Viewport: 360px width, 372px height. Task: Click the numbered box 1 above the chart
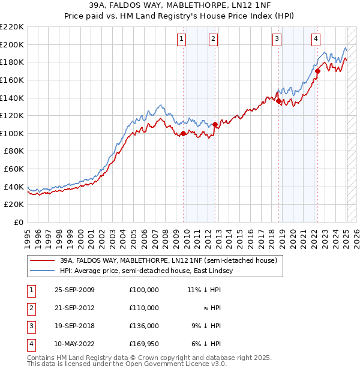pos(181,40)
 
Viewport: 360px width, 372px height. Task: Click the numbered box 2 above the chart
pos(213,40)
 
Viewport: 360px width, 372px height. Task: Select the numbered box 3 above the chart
pos(277,40)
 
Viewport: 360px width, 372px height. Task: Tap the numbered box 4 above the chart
pos(316,40)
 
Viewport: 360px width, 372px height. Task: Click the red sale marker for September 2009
pos(183,134)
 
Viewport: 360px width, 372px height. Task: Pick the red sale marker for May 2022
pos(317,71)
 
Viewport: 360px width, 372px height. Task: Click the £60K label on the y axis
pos(14,169)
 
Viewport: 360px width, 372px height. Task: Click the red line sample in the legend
pos(43,261)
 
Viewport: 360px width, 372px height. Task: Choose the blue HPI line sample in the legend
pos(43,271)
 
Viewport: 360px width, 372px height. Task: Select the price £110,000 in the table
pos(143,308)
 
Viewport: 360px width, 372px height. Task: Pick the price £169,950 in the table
pos(143,344)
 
